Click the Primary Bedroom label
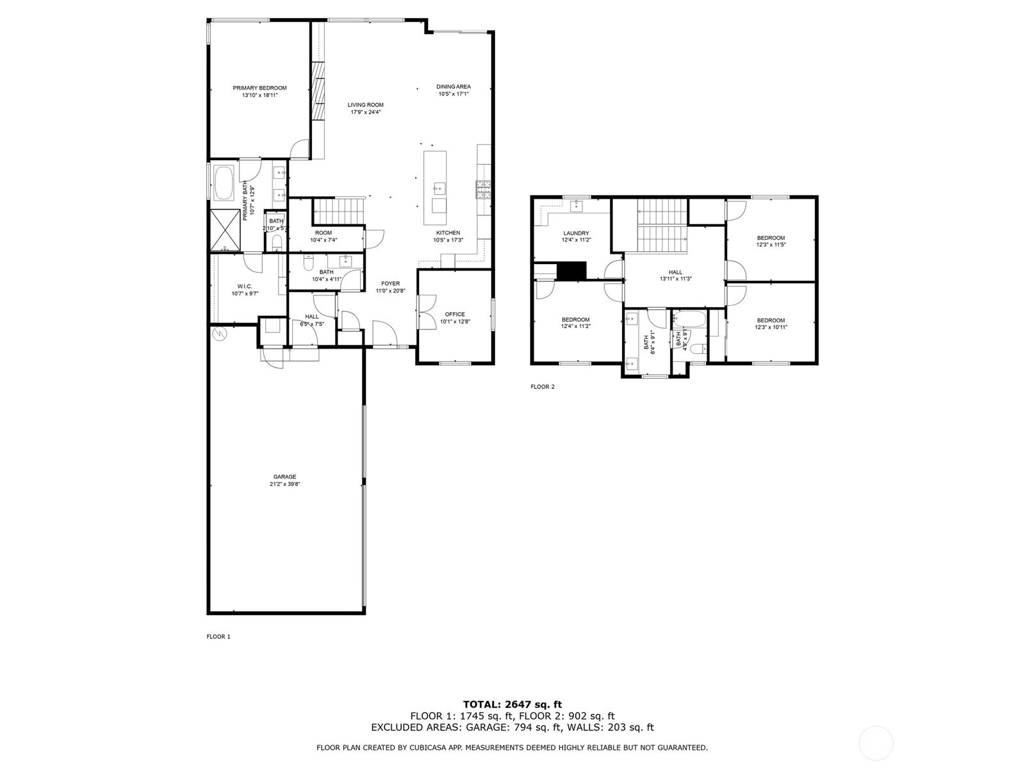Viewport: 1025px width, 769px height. (x=259, y=88)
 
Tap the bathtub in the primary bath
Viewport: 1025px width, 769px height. (x=224, y=183)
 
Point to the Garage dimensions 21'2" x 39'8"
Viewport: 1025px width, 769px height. (x=284, y=484)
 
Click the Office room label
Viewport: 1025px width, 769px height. (x=455, y=314)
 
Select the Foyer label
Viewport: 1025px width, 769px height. (x=390, y=283)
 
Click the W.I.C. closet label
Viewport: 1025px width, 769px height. (x=244, y=286)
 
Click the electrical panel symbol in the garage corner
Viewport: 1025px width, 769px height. (x=219, y=333)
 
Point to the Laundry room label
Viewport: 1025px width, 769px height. (x=576, y=233)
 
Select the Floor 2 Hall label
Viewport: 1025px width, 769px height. (x=675, y=272)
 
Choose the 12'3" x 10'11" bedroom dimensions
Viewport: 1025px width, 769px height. (x=771, y=327)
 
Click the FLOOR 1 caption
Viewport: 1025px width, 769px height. (x=218, y=636)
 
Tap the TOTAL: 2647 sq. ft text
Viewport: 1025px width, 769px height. (x=512, y=704)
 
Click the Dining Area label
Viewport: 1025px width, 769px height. (x=454, y=87)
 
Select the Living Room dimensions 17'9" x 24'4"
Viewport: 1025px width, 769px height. (x=366, y=112)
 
